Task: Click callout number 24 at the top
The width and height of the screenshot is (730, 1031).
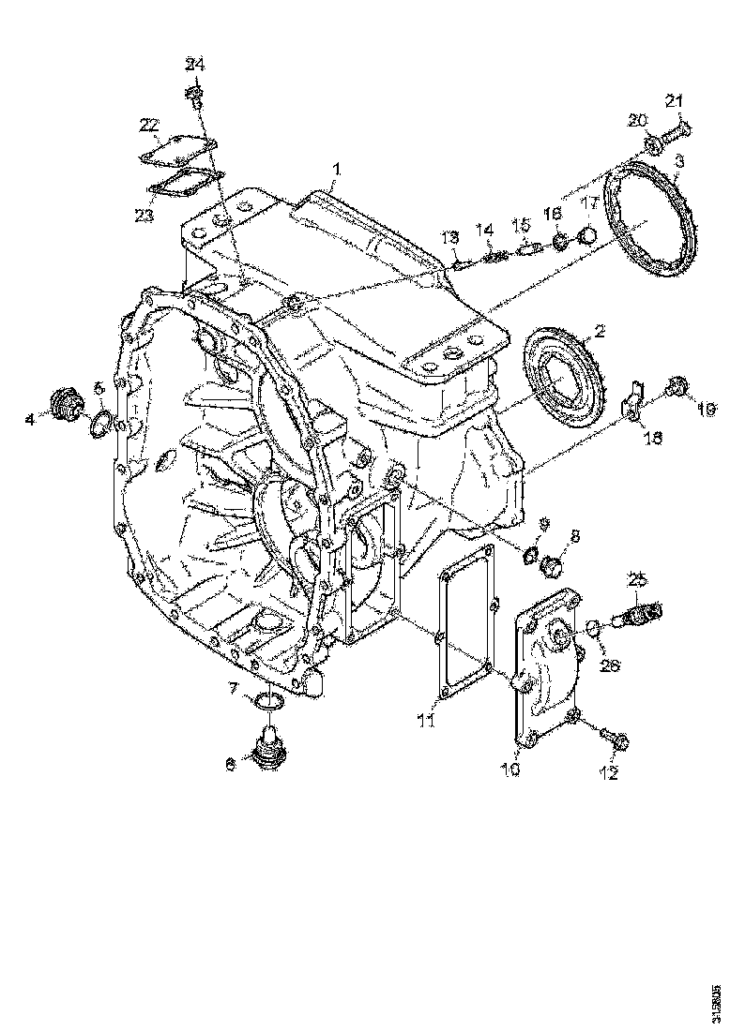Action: click(x=194, y=65)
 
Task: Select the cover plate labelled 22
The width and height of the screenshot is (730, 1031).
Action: click(x=179, y=149)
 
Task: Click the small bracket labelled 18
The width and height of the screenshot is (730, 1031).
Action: click(x=635, y=399)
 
